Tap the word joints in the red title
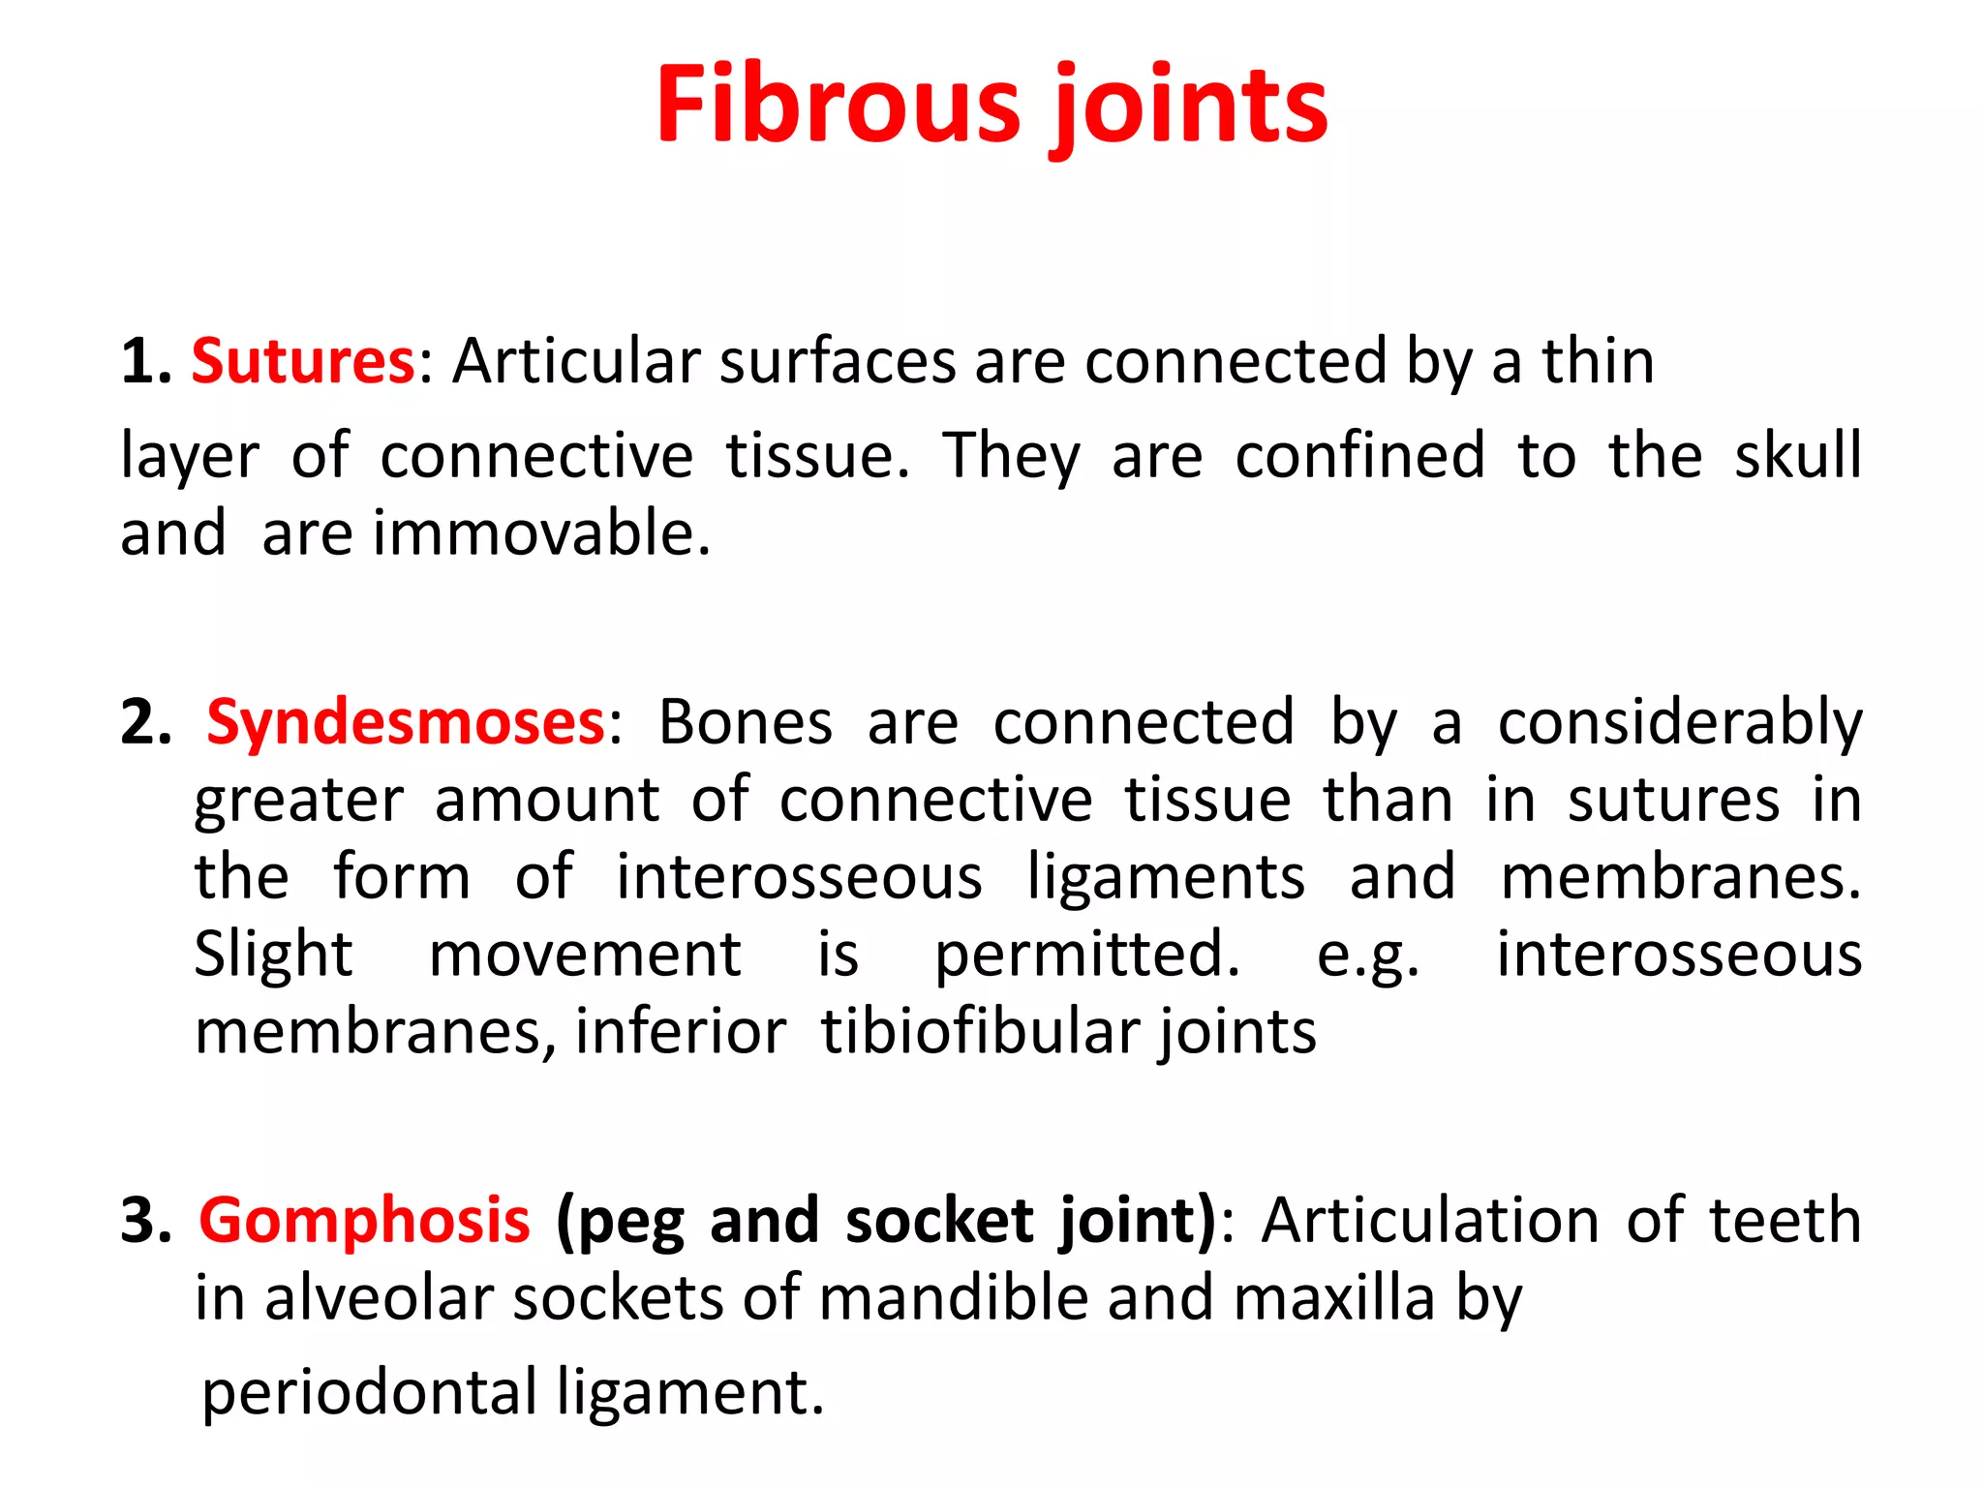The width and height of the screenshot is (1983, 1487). point(1190,106)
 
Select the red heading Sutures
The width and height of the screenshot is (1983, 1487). point(303,361)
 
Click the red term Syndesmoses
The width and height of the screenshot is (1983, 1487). point(406,722)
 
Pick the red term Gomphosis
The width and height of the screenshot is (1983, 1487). point(364,1220)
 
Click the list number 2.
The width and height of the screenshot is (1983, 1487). point(145,722)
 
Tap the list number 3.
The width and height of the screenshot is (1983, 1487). point(145,1220)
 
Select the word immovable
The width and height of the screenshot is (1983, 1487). point(541,533)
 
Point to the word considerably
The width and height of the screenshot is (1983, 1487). point(1680,724)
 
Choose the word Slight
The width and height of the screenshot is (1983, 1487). point(273,956)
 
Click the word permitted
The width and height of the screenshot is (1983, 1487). point(1086,956)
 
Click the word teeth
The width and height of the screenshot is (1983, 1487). point(1785,1220)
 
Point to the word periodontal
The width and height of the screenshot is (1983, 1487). point(369,1393)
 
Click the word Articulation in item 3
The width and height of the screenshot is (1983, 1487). point(1430,1220)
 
